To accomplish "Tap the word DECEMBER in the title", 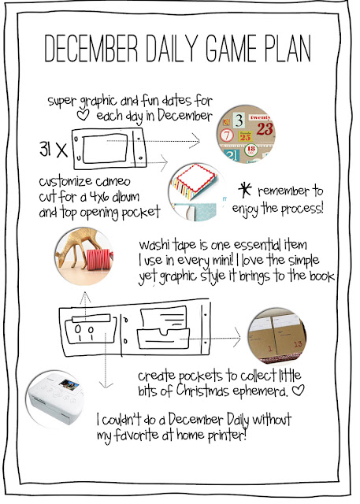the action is (x=91, y=48).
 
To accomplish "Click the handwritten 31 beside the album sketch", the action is (x=45, y=149).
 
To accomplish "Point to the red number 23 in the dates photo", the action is (x=265, y=129).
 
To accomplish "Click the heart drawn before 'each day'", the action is (x=83, y=115).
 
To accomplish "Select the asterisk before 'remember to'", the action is (x=245, y=190).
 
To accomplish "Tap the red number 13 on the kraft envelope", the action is (x=298, y=344).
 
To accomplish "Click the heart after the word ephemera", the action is (x=298, y=390).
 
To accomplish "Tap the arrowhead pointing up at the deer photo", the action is (x=85, y=297).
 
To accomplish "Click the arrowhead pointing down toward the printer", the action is (x=106, y=384).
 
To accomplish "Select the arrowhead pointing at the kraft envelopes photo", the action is (x=237, y=338).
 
